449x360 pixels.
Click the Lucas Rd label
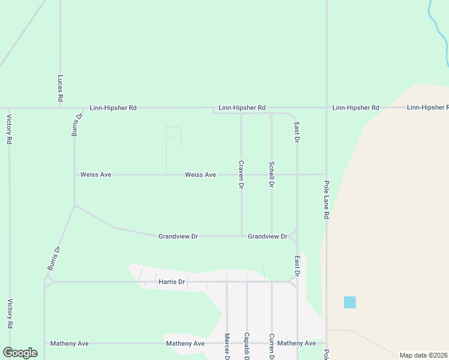click(x=61, y=88)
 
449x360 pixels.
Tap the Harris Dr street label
click(x=172, y=281)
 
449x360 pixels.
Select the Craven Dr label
click(x=241, y=175)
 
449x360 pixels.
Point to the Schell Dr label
click(x=272, y=175)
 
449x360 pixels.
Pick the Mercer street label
click(x=227, y=346)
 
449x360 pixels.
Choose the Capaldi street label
click(x=247, y=346)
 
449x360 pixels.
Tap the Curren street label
click(x=272, y=347)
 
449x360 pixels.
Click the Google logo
click(x=20, y=353)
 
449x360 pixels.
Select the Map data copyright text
click(x=423, y=355)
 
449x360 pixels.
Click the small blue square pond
click(x=349, y=302)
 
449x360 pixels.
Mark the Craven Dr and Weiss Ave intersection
click(x=241, y=175)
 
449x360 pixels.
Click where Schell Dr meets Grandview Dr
click(x=272, y=236)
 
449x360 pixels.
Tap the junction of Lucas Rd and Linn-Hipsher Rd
click(x=61, y=108)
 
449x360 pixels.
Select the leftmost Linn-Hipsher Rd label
click(x=113, y=108)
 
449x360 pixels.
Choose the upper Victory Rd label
click(x=10, y=129)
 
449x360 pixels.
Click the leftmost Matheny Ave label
click(x=70, y=344)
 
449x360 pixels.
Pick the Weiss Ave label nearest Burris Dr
click(x=96, y=175)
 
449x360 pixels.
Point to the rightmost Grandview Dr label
click(x=268, y=236)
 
